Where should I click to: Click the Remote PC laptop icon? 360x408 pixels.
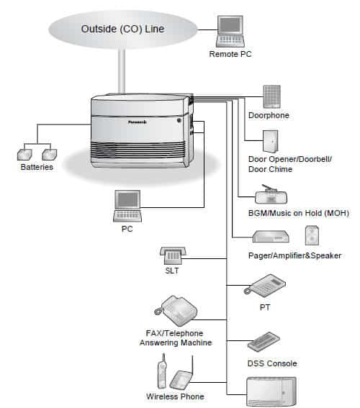[230, 32]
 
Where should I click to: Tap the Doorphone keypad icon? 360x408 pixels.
[271, 96]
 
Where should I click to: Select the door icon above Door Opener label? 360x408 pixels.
[271, 142]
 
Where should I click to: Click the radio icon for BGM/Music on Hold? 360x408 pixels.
[271, 194]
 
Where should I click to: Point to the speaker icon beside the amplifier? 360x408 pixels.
[312, 235]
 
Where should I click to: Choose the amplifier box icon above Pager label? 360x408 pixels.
[271, 237]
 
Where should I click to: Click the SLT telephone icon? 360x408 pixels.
[173, 255]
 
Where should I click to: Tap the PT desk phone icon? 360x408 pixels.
[264, 286]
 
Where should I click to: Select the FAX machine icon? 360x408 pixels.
[176, 310]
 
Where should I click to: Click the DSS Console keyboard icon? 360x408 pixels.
[264, 342]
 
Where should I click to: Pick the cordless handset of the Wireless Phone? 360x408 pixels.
[162, 371]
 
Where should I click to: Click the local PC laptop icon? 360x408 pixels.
[127, 206]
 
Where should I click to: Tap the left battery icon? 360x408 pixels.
[24, 155]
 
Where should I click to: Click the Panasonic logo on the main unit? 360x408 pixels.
[138, 122]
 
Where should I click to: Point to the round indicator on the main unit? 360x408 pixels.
[179, 120]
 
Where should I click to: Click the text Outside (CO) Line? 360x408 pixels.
[122, 29]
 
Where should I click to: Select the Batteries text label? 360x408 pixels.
[37, 167]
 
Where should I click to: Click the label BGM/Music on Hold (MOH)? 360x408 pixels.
[299, 213]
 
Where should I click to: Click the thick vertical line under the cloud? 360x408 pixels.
[122, 71]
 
